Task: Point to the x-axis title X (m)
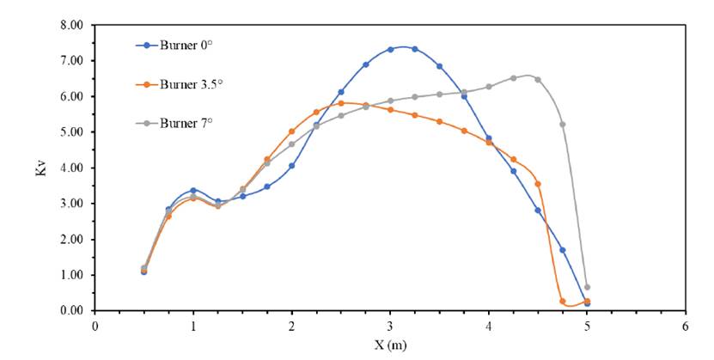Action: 389,345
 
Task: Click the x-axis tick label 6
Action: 686,326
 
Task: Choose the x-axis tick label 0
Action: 95,326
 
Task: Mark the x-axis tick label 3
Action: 390,326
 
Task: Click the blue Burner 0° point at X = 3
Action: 390,50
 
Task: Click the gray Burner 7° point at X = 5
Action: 587,287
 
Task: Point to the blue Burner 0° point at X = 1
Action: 193,190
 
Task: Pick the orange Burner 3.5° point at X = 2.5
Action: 341,103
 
